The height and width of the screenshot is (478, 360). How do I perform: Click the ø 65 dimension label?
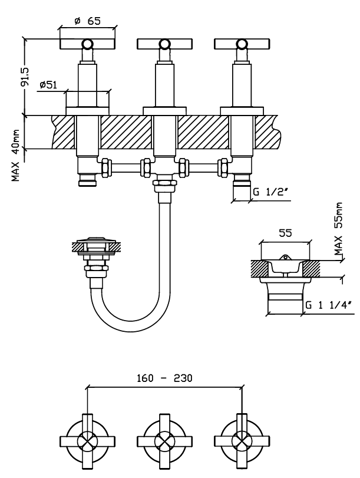(x=87, y=21)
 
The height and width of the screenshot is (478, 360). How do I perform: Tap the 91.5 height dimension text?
(x=25, y=76)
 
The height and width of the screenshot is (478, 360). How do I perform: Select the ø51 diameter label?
(x=48, y=84)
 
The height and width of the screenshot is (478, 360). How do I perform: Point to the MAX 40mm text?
(x=16, y=156)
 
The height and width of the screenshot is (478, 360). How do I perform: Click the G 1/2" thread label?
(x=270, y=192)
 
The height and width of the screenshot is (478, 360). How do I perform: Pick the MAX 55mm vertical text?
(x=338, y=228)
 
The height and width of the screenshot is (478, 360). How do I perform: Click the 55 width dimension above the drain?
(x=285, y=233)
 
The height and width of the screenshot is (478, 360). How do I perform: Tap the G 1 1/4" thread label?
(x=329, y=305)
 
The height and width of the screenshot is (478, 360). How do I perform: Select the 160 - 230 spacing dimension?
(x=164, y=378)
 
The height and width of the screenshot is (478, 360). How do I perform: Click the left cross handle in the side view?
(x=87, y=44)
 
